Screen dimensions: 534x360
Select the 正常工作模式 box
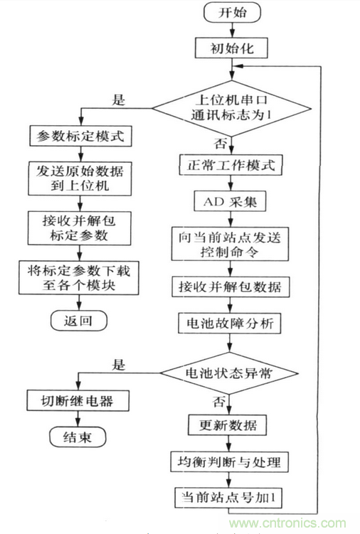tap(231, 166)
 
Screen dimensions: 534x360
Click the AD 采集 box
tap(231, 201)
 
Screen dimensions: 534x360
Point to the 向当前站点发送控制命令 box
tap(231, 243)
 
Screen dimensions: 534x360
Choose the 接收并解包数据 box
tap(231, 287)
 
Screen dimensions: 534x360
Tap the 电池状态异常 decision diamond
tap(231, 373)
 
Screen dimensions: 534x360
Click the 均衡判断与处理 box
tap(231, 462)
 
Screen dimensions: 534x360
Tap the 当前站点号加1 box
tap(231, 496)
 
